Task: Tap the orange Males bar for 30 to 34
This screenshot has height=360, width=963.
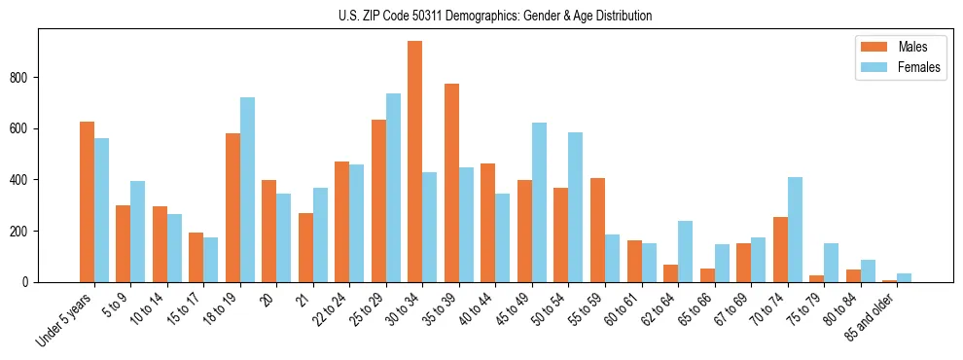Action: [x=414, y=162]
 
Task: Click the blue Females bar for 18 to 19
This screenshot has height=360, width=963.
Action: [x=247, y=190]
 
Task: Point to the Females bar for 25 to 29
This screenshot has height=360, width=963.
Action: [x=393, y=188]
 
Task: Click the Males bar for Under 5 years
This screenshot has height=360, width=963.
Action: [x=87, y=202]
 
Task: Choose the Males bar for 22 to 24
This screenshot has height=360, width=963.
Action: [x=341, y=222]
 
